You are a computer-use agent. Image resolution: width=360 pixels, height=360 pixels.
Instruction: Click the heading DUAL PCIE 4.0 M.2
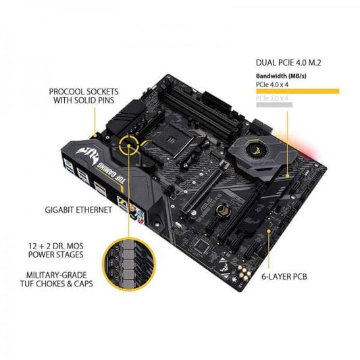294,63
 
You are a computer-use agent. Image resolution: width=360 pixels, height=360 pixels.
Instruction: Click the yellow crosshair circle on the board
130,143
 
